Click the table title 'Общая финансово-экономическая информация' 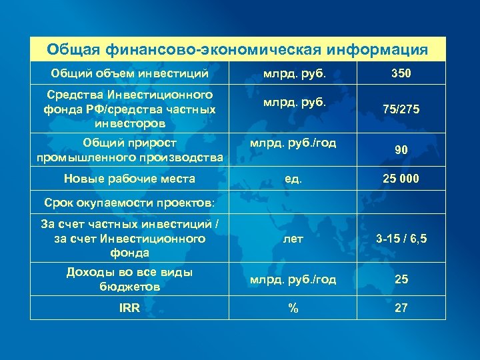click(238, 49)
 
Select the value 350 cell click(401, 73)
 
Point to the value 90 click(401, 151)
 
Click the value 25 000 click(401, 178)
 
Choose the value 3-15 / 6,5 click(401, 239)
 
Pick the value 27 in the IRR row click(401, 307)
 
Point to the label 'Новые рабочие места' click(129, 178)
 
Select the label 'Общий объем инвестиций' click(130, 73)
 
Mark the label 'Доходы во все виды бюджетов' click(129, 279)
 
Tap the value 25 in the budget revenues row click(401, 279)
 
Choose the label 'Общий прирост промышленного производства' click(130, 151)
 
